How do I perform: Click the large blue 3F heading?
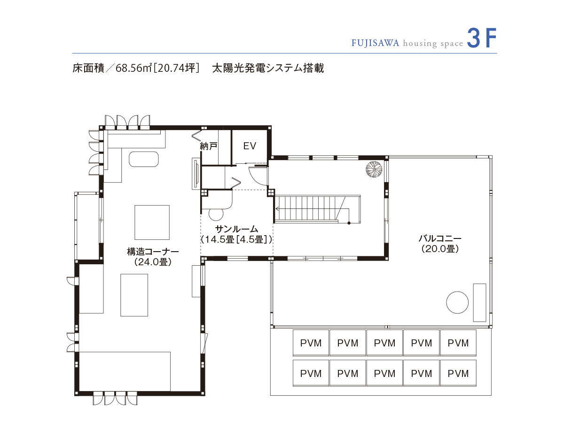click(x=482, y=39)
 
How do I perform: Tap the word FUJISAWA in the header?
click(x=375, y=43)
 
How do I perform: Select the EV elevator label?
click(x=250, y=146)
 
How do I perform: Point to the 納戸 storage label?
click(x=209, y=146)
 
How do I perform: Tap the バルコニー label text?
click(x=440, y=239)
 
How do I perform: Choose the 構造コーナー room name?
click(x=153, y=252)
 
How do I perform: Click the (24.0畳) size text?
click(x=153, y=262)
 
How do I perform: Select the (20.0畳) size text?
click(x=440, y=249)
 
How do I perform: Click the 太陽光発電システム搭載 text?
click(x=268, y=68)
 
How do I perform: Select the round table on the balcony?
click(x=457, y=302)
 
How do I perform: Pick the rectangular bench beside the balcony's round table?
click(x=479, y=302)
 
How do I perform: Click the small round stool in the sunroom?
click(x=217, y=214)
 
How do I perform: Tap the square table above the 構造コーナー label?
click(x=152, y=222)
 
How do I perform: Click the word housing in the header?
click(x=421, y=43)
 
